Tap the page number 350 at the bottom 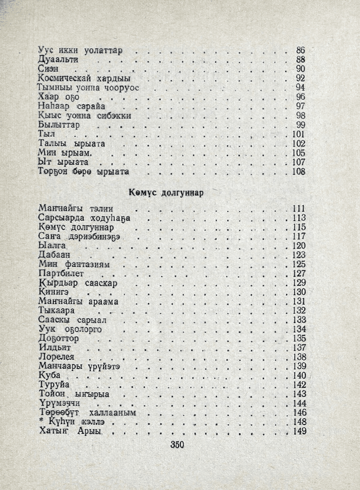pyautogui.click(x=177, y=445)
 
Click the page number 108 pyautogui.click(x=298, y=172)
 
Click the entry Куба pyautogui.click(x=50, y=375)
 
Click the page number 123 pyautogui.click(x=298, y=254)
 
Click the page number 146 pyautogui.click(x=298, y=413)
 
